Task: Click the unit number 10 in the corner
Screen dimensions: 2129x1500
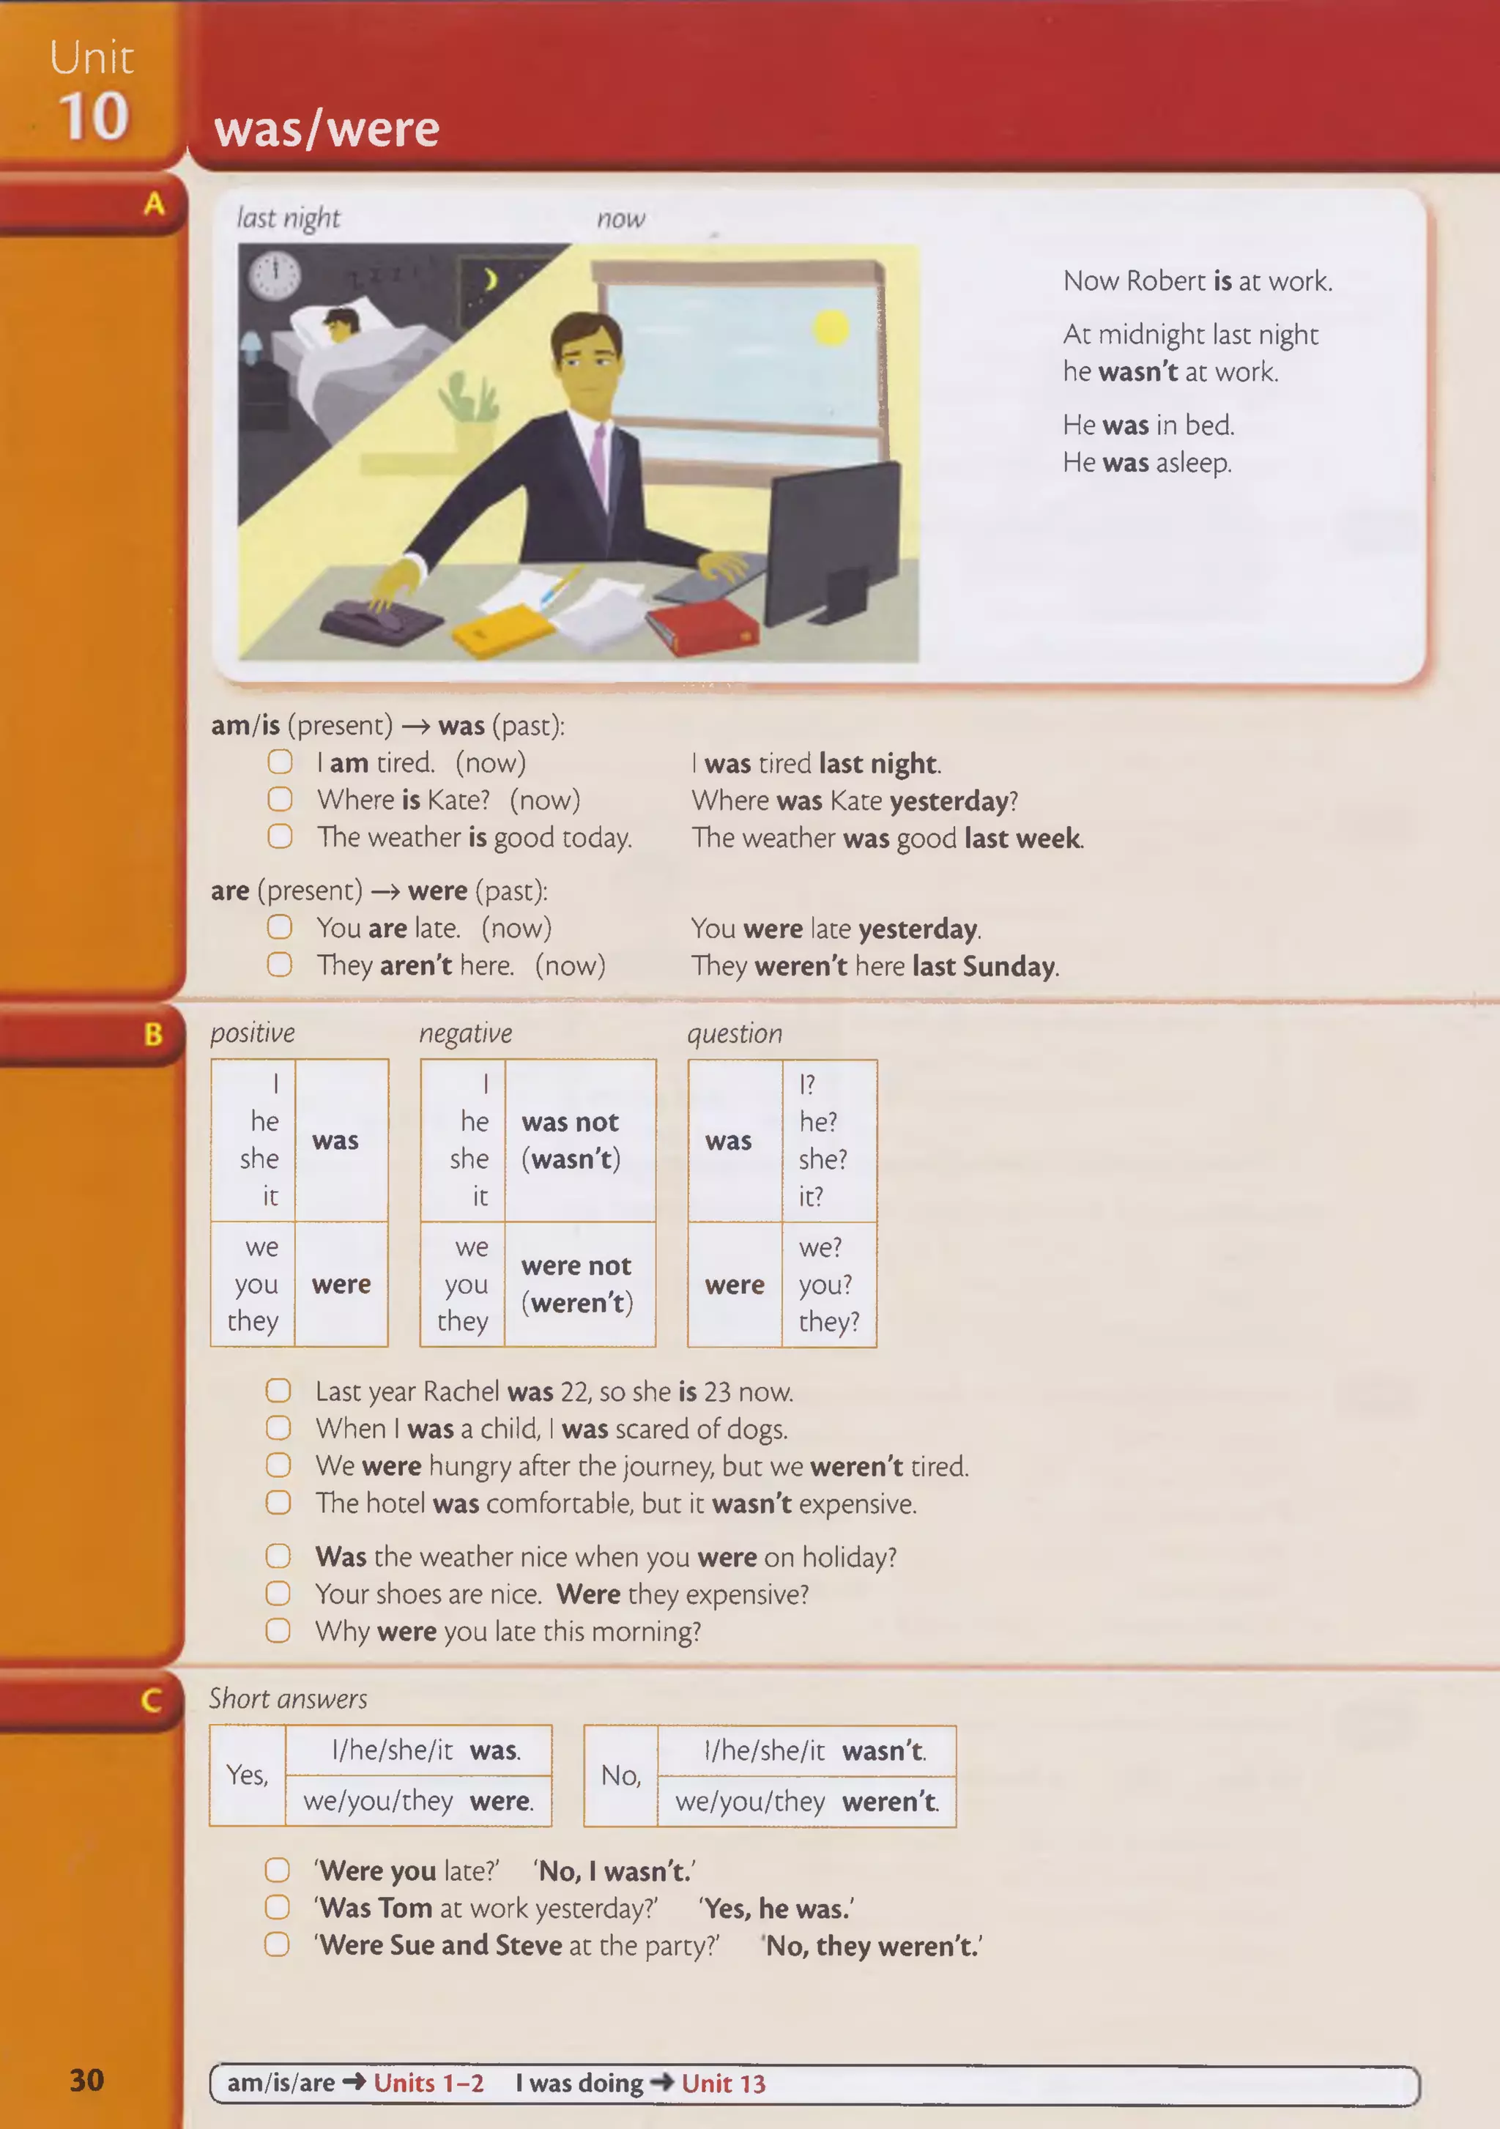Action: pyautogui.click(x=94, y=117)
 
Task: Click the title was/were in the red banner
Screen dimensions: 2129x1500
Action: pyautogui.click(x=327, y=129)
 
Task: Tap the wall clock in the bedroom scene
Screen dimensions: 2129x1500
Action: pyautogui.click(x=275, y=275)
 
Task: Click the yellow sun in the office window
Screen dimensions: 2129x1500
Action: pyautogui.click(x=831, y=327)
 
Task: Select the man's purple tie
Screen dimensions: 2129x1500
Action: pyautogui.click(x=599, y=467)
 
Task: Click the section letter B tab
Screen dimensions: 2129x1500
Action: pyautogui.click(x=154, y=1034)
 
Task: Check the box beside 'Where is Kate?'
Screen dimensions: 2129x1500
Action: pyautogui.click(x=280, y=799)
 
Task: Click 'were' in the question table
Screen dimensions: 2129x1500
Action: pyautogui.click(x=734, y=1285)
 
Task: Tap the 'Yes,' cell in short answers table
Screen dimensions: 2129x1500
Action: pyautogui.click(x=248, y=1775)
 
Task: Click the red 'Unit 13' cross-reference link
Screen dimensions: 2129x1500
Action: pyautogui.click(x=723, y=2084)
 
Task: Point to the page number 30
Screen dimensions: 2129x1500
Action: pyautogui.click(x=87, y=2080)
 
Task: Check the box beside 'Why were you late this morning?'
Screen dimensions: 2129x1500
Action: pyautogui.click(x=278, y=1630)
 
